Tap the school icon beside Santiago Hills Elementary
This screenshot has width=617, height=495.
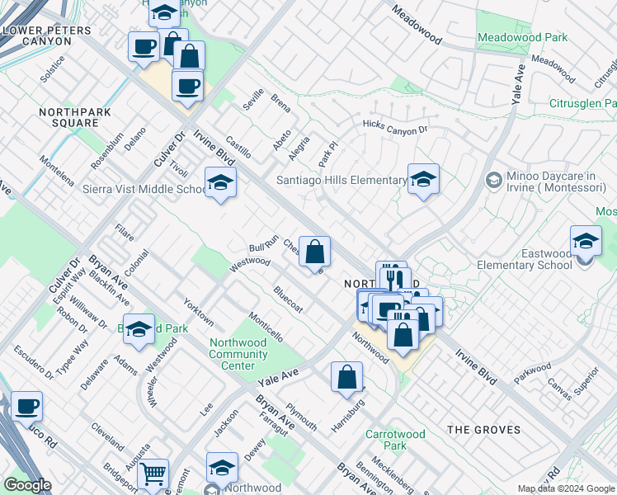pos(423,180)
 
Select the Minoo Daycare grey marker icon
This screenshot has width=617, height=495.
pos(493,180)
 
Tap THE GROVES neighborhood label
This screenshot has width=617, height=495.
pos(483,430)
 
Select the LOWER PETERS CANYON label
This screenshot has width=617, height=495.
pos(49,35)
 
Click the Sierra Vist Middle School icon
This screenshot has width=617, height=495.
pos(220,183)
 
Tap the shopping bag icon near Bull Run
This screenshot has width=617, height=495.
pos(314,252)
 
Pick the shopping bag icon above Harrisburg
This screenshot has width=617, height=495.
pos(347,377)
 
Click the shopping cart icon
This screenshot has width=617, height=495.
pos(152,474)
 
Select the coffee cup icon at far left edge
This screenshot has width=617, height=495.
pos(26,407)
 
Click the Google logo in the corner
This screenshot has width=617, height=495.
pos(27,485)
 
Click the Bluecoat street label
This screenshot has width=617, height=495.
pos(289,299)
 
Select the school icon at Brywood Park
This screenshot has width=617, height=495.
pos(139,329)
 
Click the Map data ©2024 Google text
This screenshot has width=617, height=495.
pos(566,488)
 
